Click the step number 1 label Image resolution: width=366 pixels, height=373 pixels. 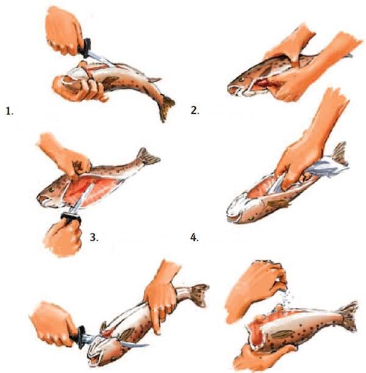pyautogui.click(x=9, y=112)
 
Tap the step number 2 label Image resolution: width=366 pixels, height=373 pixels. pyautogui.click(x=195, y=110)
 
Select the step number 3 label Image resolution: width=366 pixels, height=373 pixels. pyautogui.click(x=94, y=238)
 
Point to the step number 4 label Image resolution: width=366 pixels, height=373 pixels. pyautogui.click(x=195, y=238)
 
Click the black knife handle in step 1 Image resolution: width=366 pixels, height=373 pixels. pyautogui.click(x=85, y=48)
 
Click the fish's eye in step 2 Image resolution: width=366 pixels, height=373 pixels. pyautogui.click(x=242, y=79)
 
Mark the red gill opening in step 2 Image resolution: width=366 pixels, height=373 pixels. pyautogui.click(x=262, y=83)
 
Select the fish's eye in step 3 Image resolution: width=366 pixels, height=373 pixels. pyautogui.click(x=51, y=190)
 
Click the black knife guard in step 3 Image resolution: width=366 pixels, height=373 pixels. pyautogui.click(x=71, y=218)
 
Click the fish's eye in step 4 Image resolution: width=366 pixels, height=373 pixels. pyautogui.click(x=251, y=218)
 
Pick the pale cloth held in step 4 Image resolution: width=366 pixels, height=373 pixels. pyautogui.click(x=326, y=167)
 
